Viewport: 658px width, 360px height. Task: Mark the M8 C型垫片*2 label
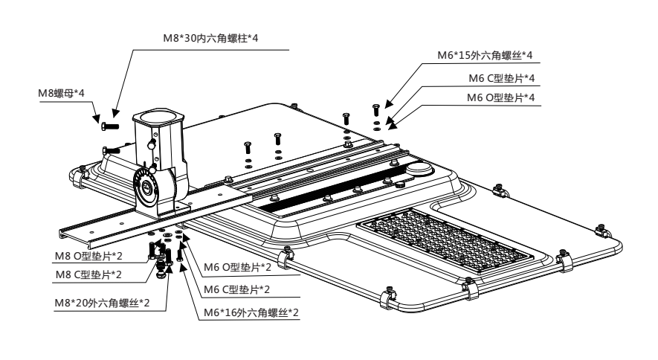click(88, 274)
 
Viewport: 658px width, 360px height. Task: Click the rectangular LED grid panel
click(445, 238)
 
